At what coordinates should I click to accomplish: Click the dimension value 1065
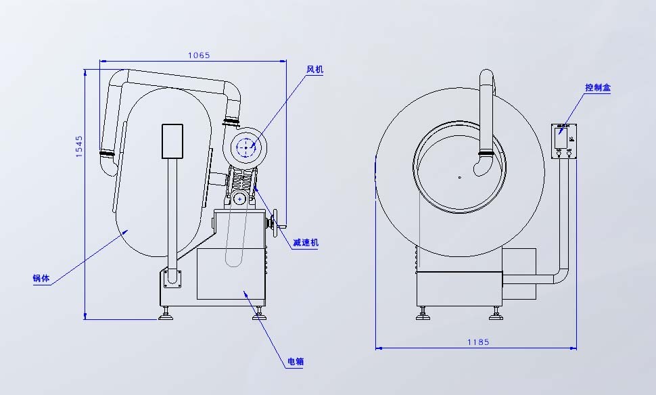pyautogui.click(x=199, y=55)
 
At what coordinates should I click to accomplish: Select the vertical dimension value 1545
pyautogui.click(x=79, y=147)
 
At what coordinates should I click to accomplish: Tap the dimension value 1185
pyautogui.click(x=477, y=342)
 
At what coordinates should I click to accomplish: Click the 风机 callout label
pyautogui.click(x=315, y=70)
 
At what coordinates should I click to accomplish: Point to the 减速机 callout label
pyautogui.click(x=306, y=243)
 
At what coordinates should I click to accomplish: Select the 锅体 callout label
pyautogui.click(x=41, y=278)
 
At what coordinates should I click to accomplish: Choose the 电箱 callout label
pyautogui.click(x=296, y=362)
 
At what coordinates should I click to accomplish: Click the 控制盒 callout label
pyautogui.click(x=597, y=87)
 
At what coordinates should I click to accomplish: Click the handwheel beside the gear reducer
pyautogui.click(x=275, y=223)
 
